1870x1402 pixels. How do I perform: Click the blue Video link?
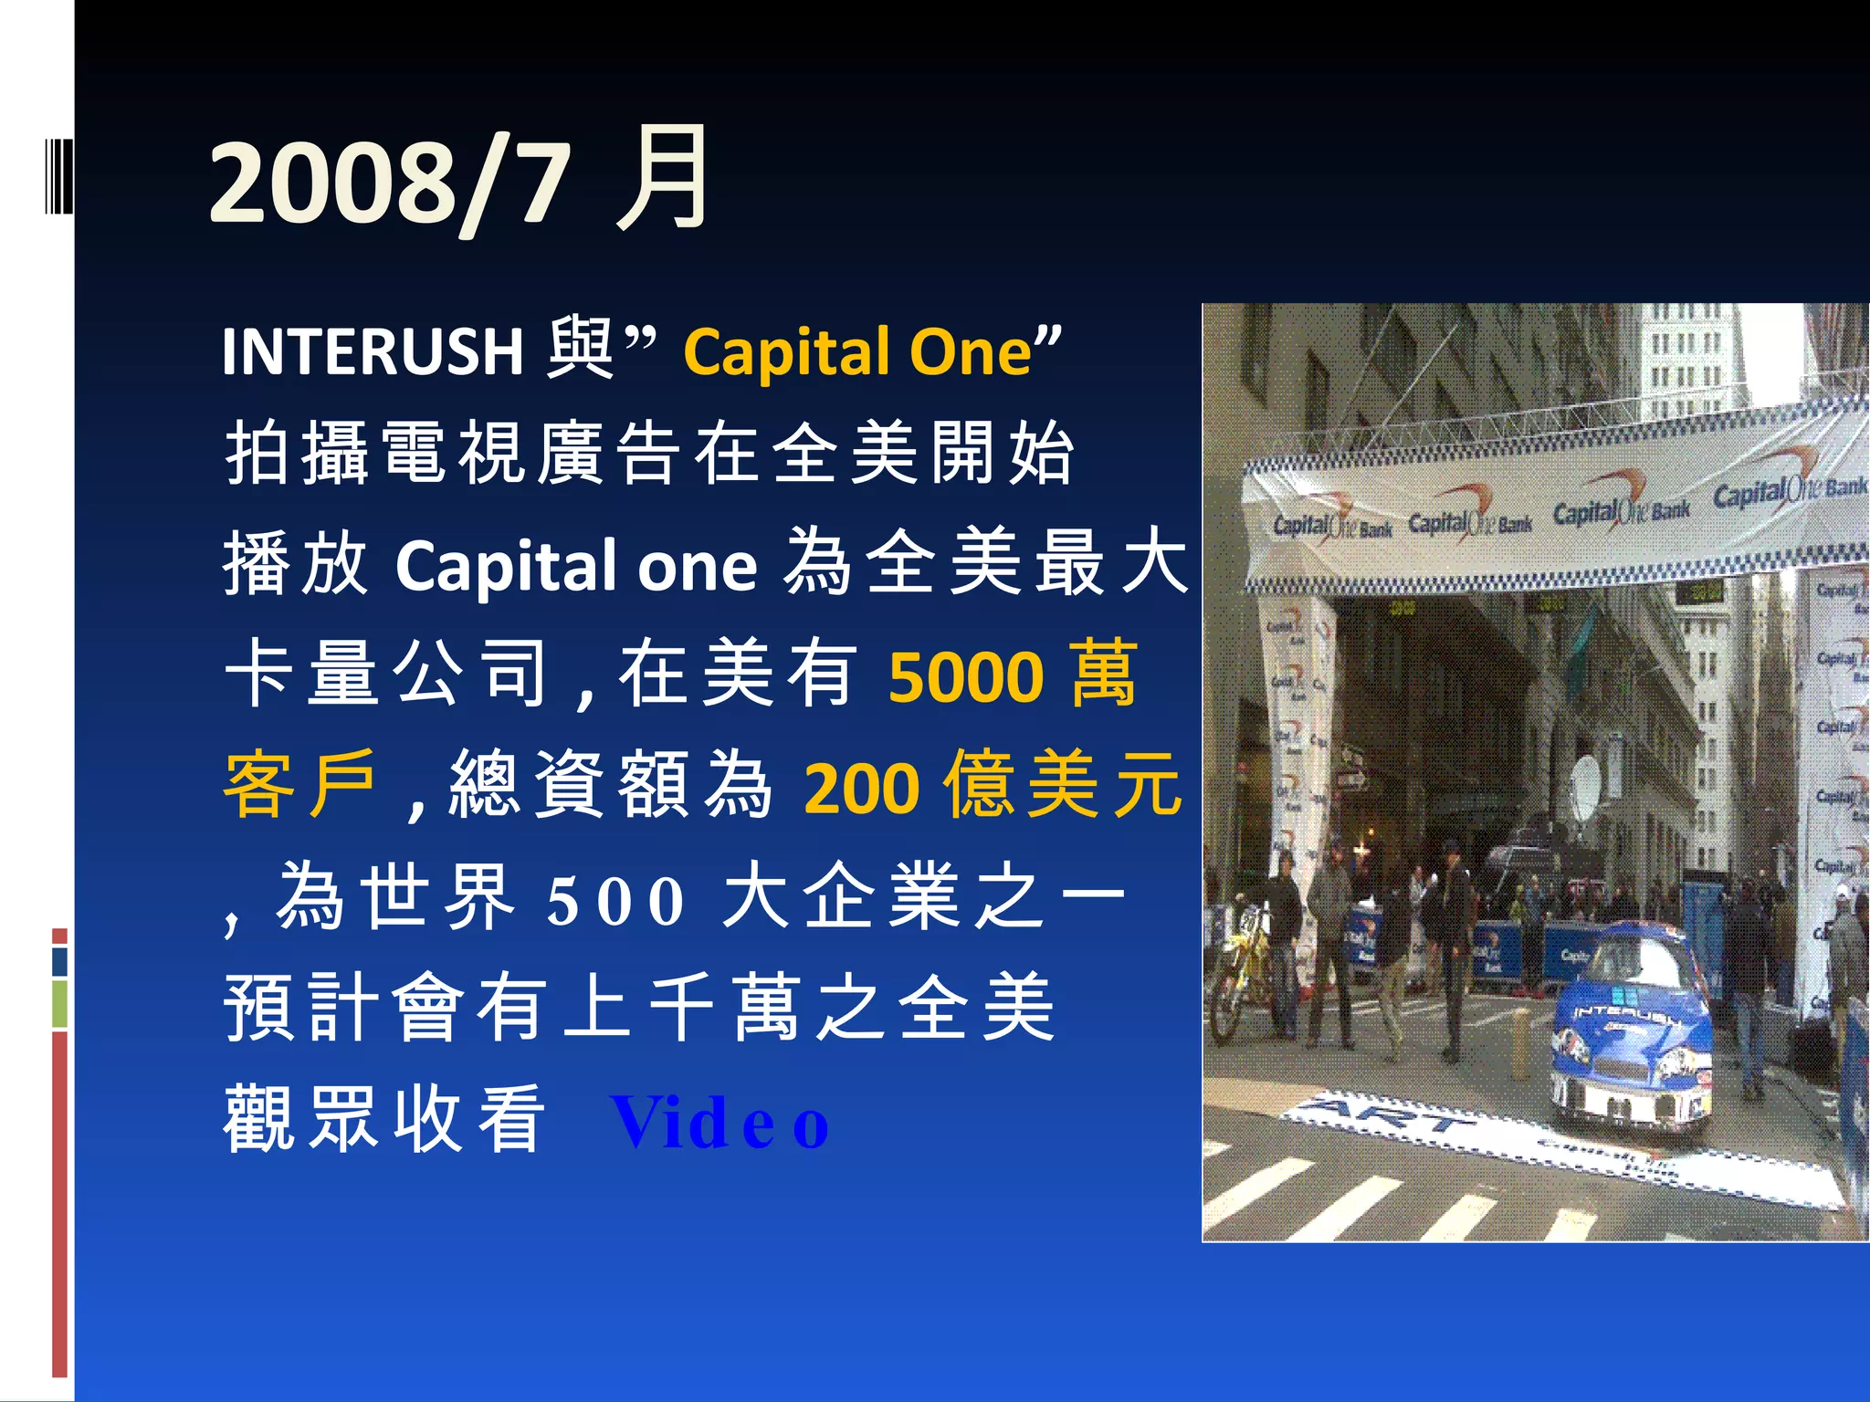[720, 1123]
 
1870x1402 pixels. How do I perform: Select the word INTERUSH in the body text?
[373, 351]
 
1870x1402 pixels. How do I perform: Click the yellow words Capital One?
[858, 351]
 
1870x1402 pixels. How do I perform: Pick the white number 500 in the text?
[615, 900]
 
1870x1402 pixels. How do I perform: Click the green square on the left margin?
[59, 1003]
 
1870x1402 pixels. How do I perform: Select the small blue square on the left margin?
[59, 960]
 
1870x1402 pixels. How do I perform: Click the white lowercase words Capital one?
[576, 566]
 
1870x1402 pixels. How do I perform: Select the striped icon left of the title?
[58, 173]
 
